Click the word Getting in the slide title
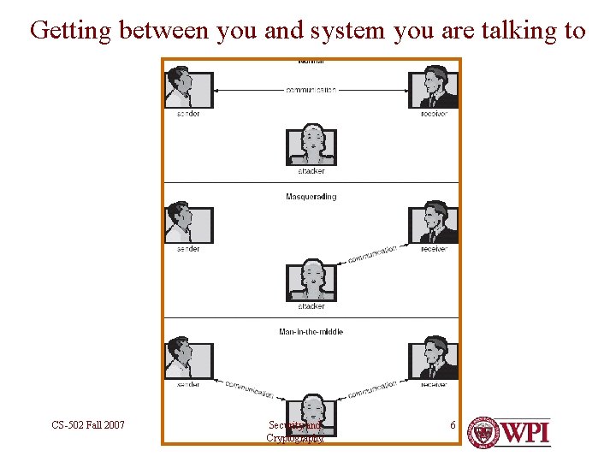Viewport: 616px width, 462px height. click(x=72, y=32)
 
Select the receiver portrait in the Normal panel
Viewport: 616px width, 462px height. click(x=434, y=89)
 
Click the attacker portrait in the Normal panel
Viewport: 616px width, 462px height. click(x=311, y=144)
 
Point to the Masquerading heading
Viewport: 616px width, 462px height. click(x=311, y=197)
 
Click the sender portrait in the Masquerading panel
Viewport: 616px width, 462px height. click(x=188, y=222)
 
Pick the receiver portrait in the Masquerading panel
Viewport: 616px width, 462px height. click(x=434, y=222)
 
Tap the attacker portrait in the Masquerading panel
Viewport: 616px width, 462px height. click(x=311, y=279)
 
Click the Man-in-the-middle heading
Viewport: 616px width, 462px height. click(x=311, y=332)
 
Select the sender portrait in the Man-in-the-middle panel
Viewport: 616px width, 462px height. click(x=188, y=357)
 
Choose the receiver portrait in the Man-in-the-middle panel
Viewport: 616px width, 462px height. click(x=434, y=358)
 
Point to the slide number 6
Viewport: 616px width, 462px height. click(x=453, y=424)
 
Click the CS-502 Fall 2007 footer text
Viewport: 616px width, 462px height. click(x=88, y=424)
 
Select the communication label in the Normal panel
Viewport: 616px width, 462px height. click(x=311, y=90)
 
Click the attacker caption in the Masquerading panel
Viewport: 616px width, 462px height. click(x=311, y=305)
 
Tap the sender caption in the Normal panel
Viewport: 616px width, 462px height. click(x=188, y=114)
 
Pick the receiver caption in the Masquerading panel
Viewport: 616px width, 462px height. click(x=434, y=249)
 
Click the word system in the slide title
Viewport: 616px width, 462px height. click(x=352, y=32)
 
